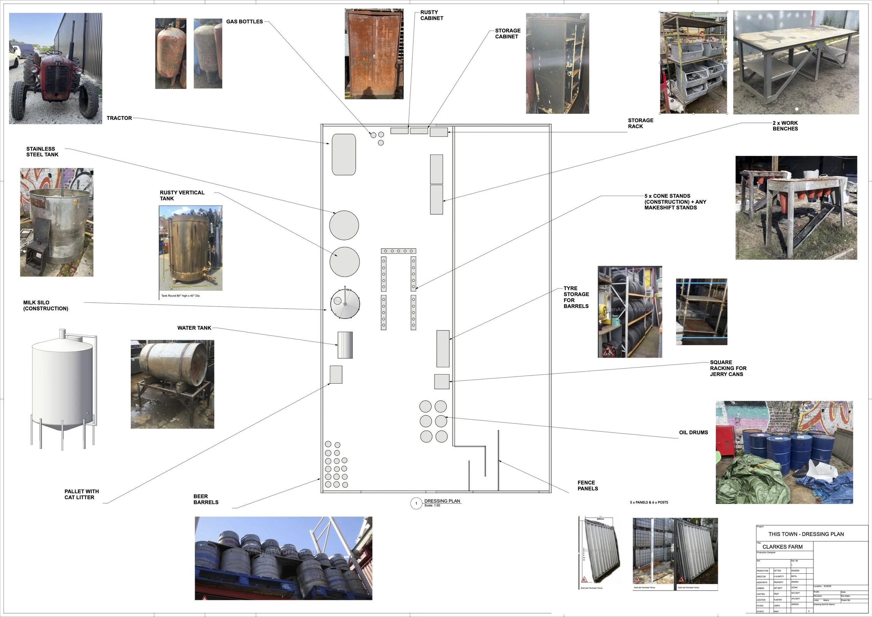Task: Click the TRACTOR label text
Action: coord(119,118)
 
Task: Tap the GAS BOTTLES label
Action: coord(244,22)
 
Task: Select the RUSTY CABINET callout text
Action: coord(431,15)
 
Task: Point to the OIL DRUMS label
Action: coord(693,432)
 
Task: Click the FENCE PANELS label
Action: coord(587,486)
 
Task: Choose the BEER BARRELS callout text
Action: coord(205,499)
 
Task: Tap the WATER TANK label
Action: coord(194,328)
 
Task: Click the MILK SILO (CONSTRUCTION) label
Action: coord(46,306)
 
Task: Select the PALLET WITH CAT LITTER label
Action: coord(81,494)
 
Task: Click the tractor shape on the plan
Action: coord(344,154)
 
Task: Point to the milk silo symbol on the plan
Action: coord(345,303)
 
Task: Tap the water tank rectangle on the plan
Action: coord(345,345)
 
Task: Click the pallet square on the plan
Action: coord(336,375)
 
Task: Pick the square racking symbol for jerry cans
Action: coord(442,382)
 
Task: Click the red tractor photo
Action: coord(55,68)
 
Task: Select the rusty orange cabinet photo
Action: coord(374,54)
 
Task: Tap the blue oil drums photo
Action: coord(784,452)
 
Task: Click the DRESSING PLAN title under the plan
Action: coord(442,501)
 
